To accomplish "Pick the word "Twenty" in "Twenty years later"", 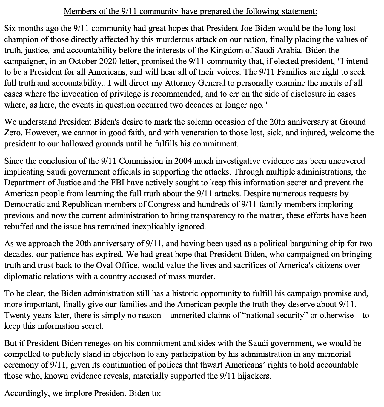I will tap(17, 315).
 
